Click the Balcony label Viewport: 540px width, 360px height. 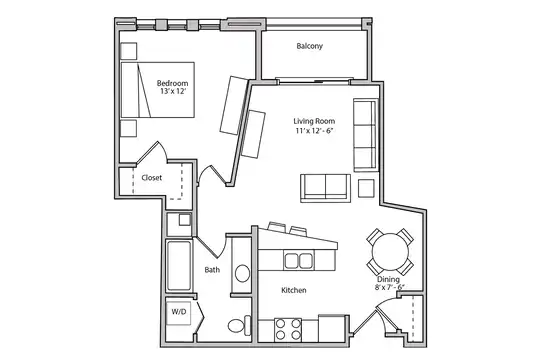point(310,46)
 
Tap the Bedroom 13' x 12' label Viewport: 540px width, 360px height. point(173,87)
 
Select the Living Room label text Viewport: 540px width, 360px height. point(314,121)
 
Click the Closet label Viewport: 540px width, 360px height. point(152,178)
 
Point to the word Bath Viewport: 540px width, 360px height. point(212,270)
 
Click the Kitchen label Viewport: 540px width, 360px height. point(294,290)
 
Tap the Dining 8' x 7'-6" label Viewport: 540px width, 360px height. point(389,283)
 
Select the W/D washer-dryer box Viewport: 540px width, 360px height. point(178,313)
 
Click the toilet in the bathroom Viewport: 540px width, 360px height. point(240,325)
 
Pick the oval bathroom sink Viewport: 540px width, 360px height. point(243,274)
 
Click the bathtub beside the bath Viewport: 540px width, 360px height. point(179,266)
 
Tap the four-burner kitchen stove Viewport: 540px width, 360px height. point(288,330)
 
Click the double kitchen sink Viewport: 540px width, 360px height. point(299,260)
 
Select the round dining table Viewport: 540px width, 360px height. point(391,251)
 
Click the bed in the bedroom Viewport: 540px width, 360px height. point(158,90)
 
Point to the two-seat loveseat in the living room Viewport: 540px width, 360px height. point(325,188)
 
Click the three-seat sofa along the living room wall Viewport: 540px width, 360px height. point(366,135)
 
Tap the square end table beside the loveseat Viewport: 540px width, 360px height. point(366,188)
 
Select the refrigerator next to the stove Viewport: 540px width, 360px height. point(332,328)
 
